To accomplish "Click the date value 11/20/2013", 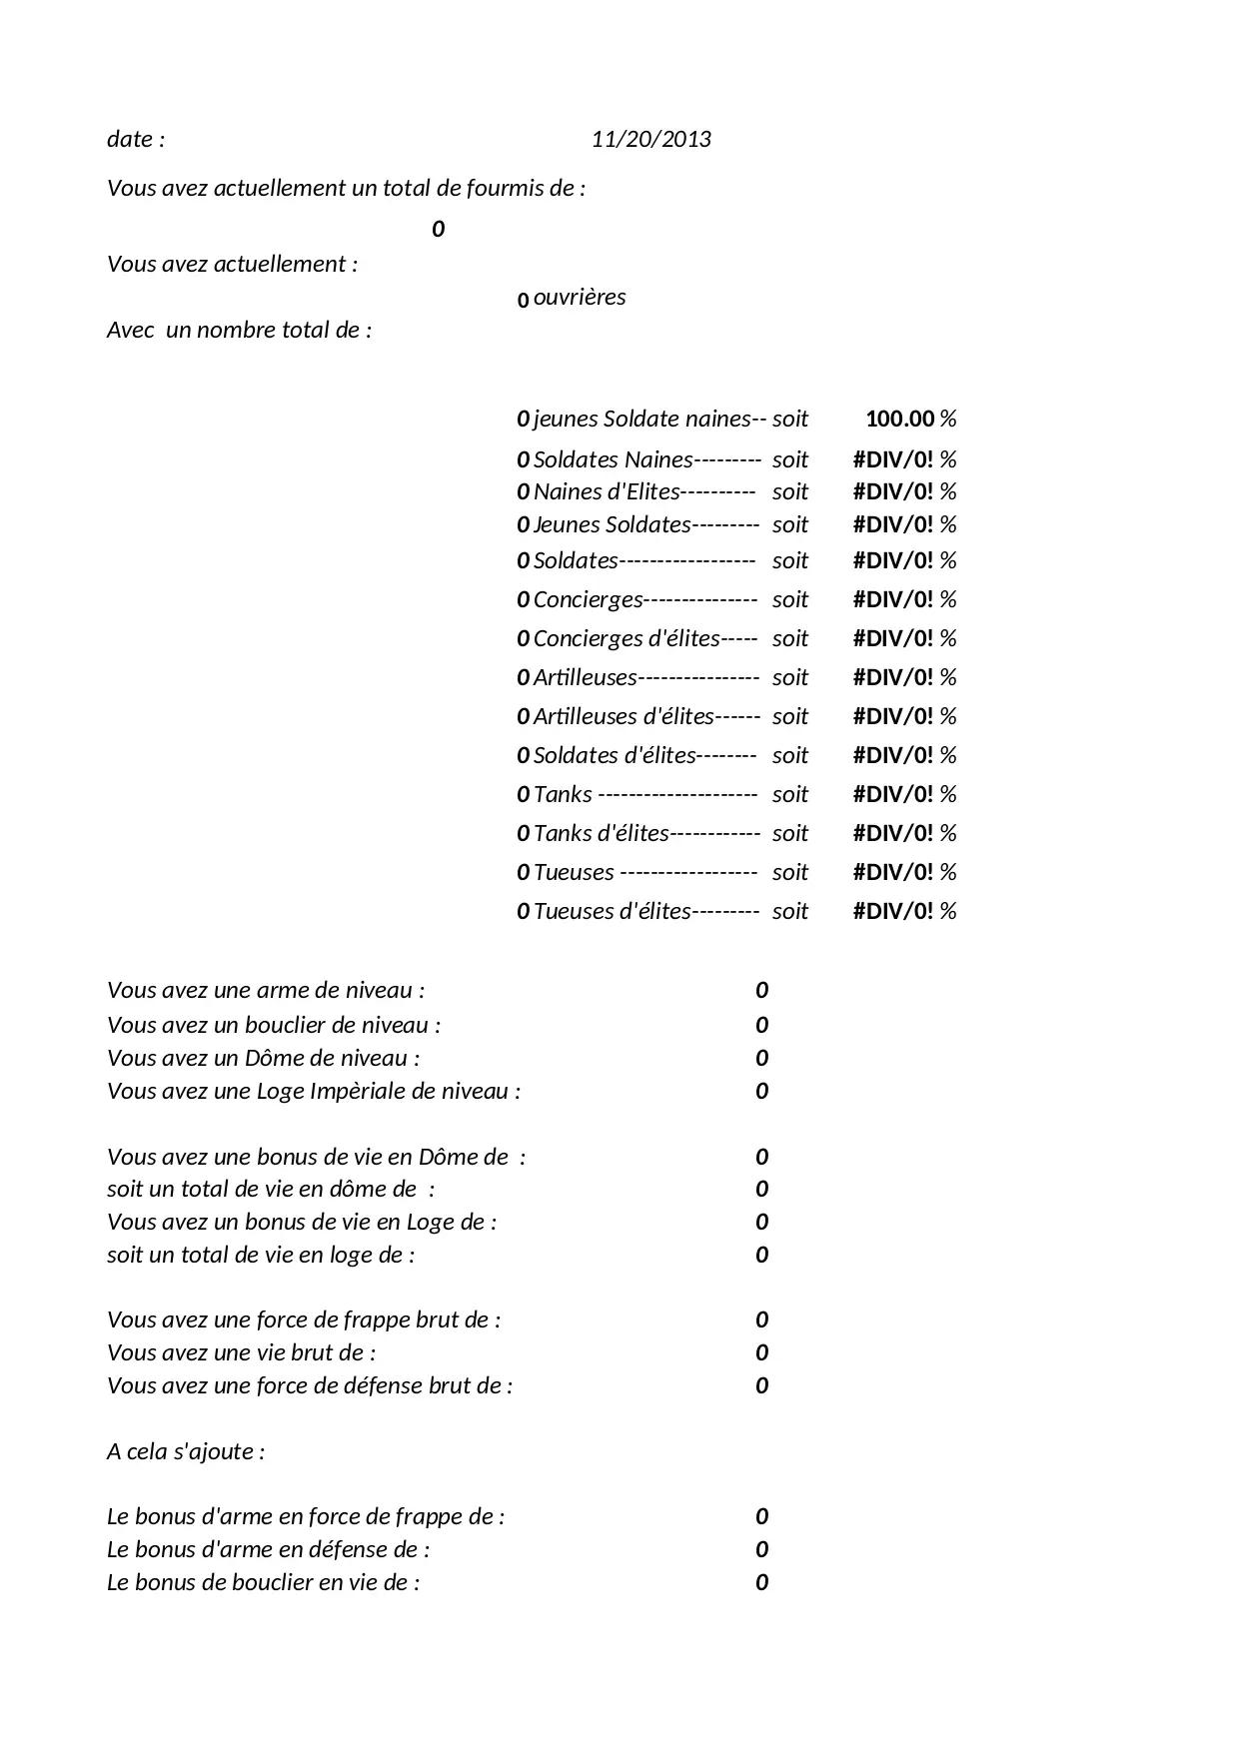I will click(650, 139).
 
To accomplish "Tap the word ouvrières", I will click(580, 297).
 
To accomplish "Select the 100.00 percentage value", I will click(899, 419).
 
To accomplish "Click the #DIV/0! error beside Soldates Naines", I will click(892, 459).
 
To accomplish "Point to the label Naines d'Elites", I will click(607, 491).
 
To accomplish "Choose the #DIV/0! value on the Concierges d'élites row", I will click(892, 638).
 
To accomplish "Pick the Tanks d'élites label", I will click(601, 833).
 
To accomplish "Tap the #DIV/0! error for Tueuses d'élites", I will click(892, 911).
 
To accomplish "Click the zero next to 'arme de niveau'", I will click(761, 990).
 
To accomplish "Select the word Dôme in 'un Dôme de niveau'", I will click(273, 1058).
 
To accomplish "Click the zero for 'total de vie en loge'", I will click(761, 1255).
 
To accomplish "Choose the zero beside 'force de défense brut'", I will click(761, 1385).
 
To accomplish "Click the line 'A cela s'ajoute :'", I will click(186, 1451).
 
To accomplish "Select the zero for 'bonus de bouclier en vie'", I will click(761, 1582).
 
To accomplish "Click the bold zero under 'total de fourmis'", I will click(438, 230).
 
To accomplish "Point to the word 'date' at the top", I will click(129, 139).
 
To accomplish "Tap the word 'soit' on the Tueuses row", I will click(789, 872).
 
